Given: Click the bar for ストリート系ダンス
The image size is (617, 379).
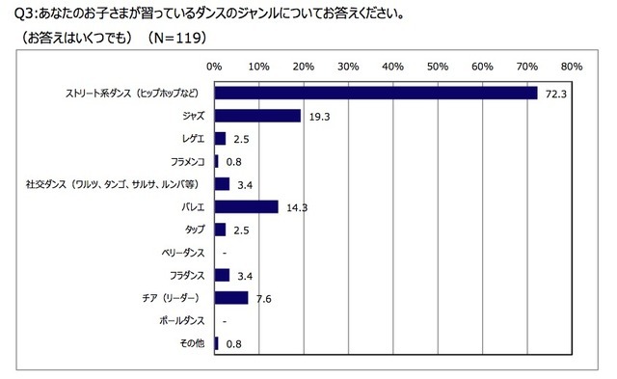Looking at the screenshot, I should coord(376,93).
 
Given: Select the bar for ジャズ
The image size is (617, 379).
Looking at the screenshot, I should coord(257,116).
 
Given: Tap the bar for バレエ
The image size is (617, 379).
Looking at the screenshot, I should coord(247,205).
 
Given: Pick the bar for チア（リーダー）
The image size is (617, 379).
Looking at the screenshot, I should coord(231,297).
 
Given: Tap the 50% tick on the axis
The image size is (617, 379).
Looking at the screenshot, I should coord(437,67).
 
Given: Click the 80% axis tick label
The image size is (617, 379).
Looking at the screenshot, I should coord(571,67).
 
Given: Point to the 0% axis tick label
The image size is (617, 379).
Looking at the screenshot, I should coord(215,67).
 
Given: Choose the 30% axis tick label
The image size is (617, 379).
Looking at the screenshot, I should coord(348,67).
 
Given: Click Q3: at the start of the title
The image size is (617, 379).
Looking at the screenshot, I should coord(17,14).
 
